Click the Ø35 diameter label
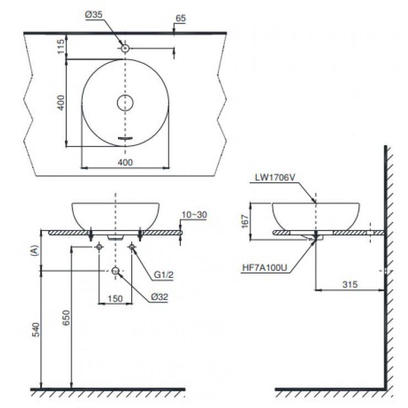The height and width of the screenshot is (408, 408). point(93,16)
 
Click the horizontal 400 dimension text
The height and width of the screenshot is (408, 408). point(125,162)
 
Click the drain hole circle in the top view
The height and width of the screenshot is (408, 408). point(125,103)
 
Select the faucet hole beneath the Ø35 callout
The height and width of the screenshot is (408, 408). point(126,49)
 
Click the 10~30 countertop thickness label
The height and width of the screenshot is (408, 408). point(195,215)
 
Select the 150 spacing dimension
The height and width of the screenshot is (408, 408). point(115,298)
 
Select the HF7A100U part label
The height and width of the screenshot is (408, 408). point(265,267)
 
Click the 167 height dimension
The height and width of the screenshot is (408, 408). point(245,222)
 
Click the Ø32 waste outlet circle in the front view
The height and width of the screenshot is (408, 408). point(115,271)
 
